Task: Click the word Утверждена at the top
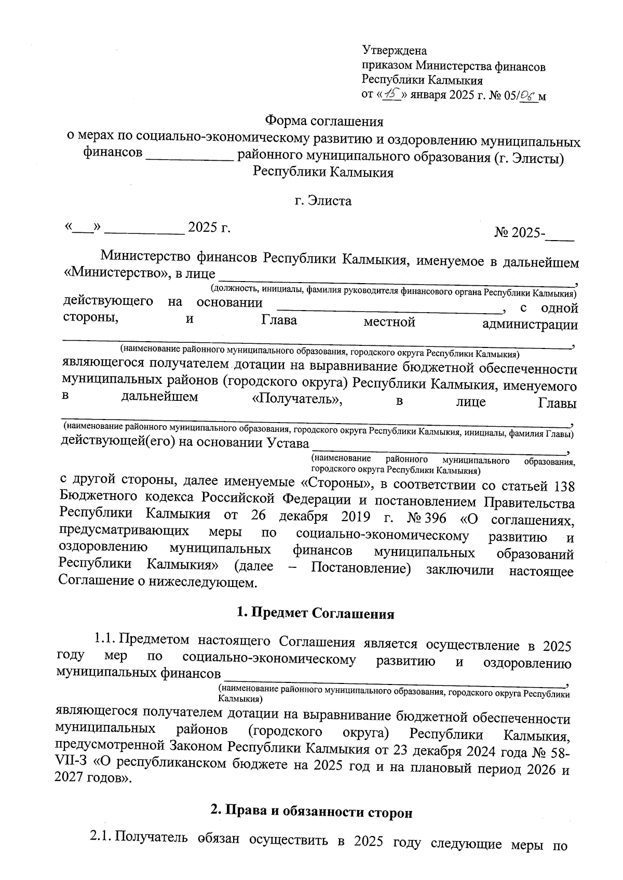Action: coord(394,51)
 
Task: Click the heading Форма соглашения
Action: coord(324,121)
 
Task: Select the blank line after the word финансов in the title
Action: coord(189,156)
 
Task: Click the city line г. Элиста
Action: coord(322,201)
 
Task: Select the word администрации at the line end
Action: coord(530,325)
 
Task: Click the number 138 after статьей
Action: coord(564,486)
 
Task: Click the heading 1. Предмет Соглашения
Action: coord(315,614)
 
